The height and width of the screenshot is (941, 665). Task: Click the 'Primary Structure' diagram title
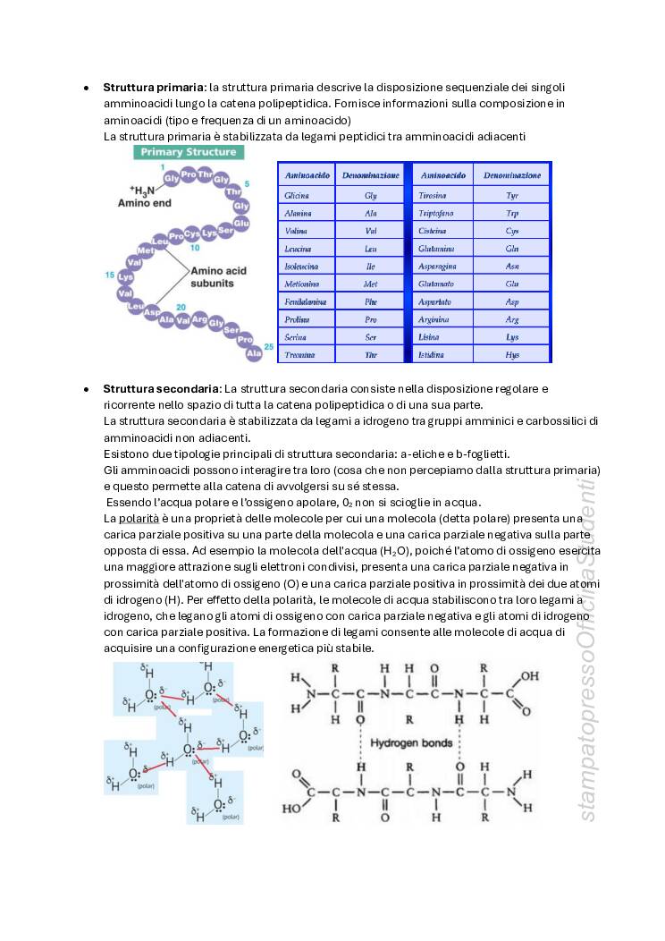pos(188,152)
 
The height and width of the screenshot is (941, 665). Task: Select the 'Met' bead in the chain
pos(146,250)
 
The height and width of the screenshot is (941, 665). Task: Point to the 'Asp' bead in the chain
pos(152,314)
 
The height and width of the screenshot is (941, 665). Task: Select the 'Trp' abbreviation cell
pos(512,213)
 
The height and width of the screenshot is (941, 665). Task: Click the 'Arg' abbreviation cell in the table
pos(512,319)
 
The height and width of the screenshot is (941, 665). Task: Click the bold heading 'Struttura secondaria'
pos(161,389)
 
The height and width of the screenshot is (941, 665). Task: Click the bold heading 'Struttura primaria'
pos(154,87)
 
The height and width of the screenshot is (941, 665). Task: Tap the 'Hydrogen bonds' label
pos(408,743)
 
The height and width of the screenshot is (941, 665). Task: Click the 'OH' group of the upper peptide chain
pos(529,676)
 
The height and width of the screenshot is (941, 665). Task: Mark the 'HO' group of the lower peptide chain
pos(291,808)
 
